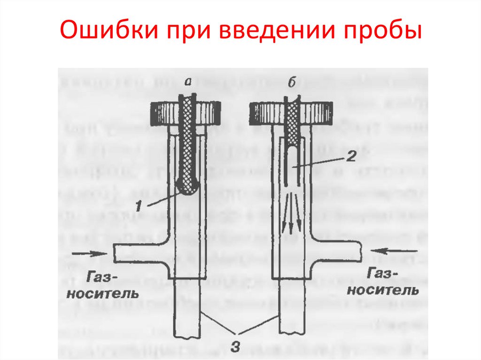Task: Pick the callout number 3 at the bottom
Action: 238,346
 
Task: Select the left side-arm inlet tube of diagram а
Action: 141,253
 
